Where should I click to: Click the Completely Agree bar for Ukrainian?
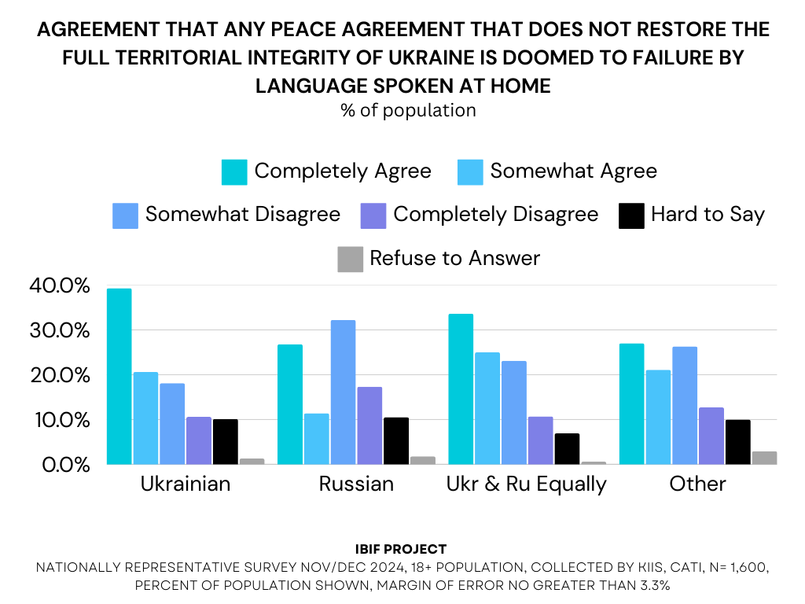(119, 377)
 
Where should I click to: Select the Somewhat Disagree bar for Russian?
(343, 392)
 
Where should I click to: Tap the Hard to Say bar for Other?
(737, 442)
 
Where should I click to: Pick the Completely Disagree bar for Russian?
(369, 425)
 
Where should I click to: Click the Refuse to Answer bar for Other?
(764, 458)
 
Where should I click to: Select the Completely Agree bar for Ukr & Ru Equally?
(461, 389)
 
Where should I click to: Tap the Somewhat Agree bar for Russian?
(316, 439)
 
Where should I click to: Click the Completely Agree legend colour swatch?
(234, 171)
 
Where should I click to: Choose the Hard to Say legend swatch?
(633, 215)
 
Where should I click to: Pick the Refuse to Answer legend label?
(454, 258)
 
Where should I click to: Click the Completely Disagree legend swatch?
(373, 215)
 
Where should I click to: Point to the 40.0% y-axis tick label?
(61, 285)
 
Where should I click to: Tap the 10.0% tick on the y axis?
(61, 420)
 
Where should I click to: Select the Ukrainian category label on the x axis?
(186, 484)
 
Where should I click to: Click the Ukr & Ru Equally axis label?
(527, 484)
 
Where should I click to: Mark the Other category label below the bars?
(697, 484)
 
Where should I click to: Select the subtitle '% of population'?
(408, 110)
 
